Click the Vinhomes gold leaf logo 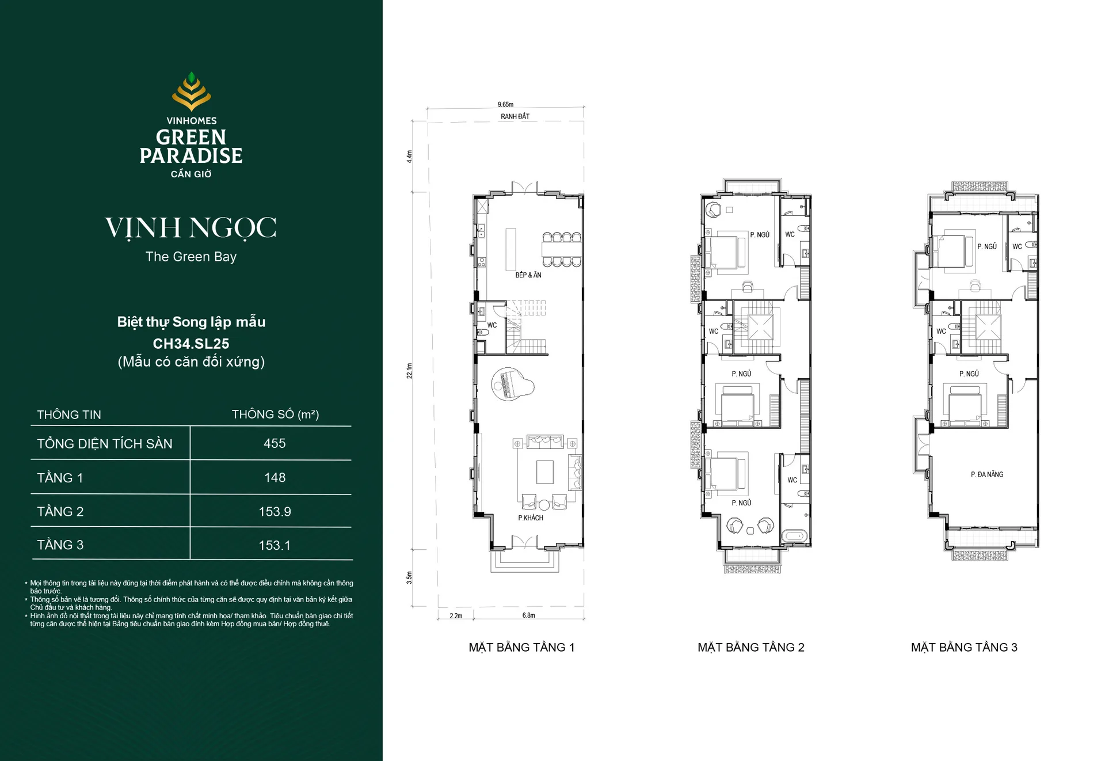click(x=191, y=92)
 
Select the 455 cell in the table click(x=275, y=443)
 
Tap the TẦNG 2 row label click(x=60, y=511)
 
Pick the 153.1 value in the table click(x=275, y=545)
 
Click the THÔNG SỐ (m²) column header click(x=275, y=414)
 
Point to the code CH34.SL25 click(x=191, y=344)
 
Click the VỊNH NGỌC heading click(x=190, y=228)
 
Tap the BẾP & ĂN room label click(x=528, y=275)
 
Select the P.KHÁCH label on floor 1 click(x=531, y=518)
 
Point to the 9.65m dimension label click(x=505, y=105)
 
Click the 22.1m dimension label click(x=410, y=370)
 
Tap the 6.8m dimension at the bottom click(x=529, y=615)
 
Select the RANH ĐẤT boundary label click(x=515, y=116)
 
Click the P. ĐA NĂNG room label click(x=987, y=474)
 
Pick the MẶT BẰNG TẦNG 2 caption click(x=751, y=647)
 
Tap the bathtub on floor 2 click(x=795, y=536)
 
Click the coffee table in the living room click(x=545, y=472)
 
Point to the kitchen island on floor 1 click(x=510, y=249)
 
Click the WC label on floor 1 click(x=492, y=325)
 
